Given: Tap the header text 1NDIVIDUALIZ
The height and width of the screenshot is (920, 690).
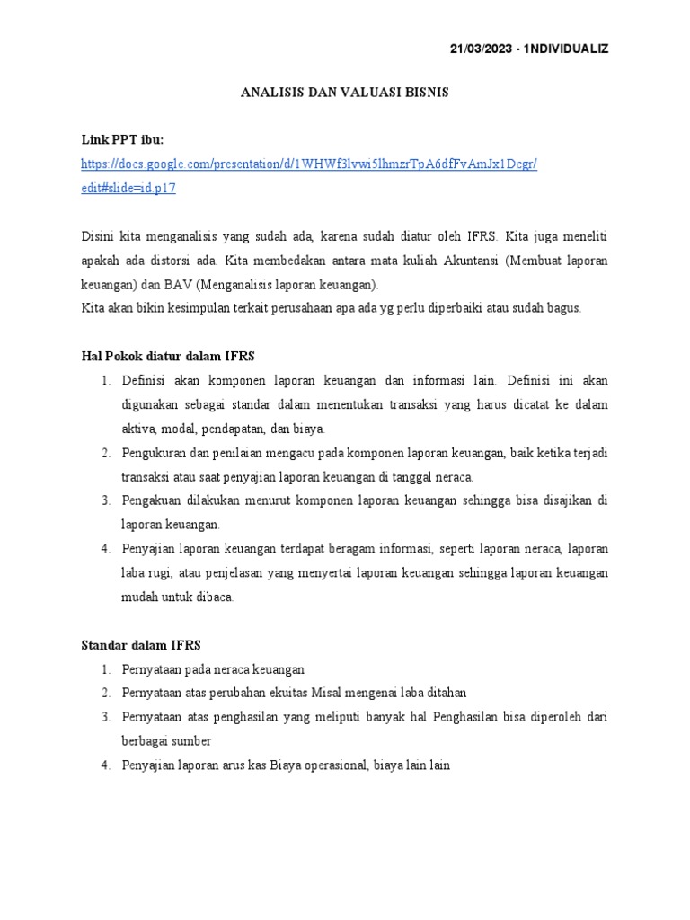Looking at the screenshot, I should pos(568,49).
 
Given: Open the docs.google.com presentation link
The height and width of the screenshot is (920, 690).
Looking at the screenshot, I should pos(308,164).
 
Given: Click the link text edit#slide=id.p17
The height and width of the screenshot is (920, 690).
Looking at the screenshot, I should pos(128,189).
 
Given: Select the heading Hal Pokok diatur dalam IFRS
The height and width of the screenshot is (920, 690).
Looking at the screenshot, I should pos(168,356).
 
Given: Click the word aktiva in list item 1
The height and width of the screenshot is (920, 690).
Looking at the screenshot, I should pos(138,428).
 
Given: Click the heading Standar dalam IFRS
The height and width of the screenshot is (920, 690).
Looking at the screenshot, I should pos(141,645).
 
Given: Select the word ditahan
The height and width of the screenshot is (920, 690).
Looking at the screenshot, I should pos(447,694).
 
